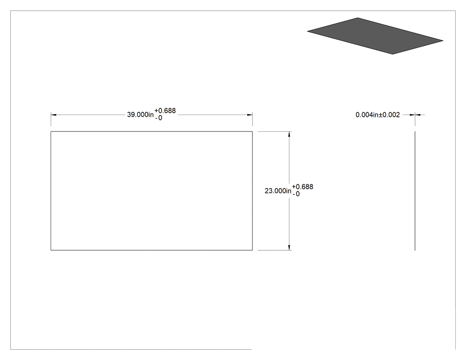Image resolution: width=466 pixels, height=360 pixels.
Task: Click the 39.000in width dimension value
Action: tap(140, 115)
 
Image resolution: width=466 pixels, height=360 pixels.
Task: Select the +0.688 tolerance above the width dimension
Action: tap(165, 111)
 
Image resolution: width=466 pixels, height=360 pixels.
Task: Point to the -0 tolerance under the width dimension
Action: tap(159, 118)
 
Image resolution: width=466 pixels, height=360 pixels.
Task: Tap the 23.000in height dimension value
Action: tap(278, 191)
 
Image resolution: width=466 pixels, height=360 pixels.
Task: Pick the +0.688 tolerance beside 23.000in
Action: tap(303, 187)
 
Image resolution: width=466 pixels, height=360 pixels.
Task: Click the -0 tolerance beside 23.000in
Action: tap(296, 194)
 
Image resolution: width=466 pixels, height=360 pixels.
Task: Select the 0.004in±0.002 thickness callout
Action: tap(378, 115)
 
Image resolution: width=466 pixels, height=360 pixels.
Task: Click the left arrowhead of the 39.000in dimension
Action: tap(54, 115)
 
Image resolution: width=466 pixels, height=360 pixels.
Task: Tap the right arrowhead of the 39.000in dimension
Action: tap(249, 115)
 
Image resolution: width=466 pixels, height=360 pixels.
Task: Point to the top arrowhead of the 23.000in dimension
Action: tap(289, 134)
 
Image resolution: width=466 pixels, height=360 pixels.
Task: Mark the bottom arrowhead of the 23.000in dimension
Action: tap(289, 247)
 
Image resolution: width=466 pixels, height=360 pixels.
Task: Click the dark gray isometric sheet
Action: tap(375, 36)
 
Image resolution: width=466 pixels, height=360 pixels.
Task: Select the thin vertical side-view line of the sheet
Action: tap(415, 191)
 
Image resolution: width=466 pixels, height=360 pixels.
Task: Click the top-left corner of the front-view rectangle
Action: tap(51, 131)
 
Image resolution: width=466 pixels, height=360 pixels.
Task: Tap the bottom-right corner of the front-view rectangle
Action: tap(253, 250)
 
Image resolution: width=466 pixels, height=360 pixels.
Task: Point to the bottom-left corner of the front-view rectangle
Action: tap(51, 250)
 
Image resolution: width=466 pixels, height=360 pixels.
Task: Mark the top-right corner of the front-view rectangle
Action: tap(253, 131)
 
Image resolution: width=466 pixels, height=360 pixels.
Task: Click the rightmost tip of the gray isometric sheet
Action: tap(443, 40)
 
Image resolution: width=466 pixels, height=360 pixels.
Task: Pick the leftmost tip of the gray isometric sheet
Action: tap(307, 31)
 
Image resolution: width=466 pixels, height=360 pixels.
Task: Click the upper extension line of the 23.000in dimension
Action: tap(275, 131)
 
